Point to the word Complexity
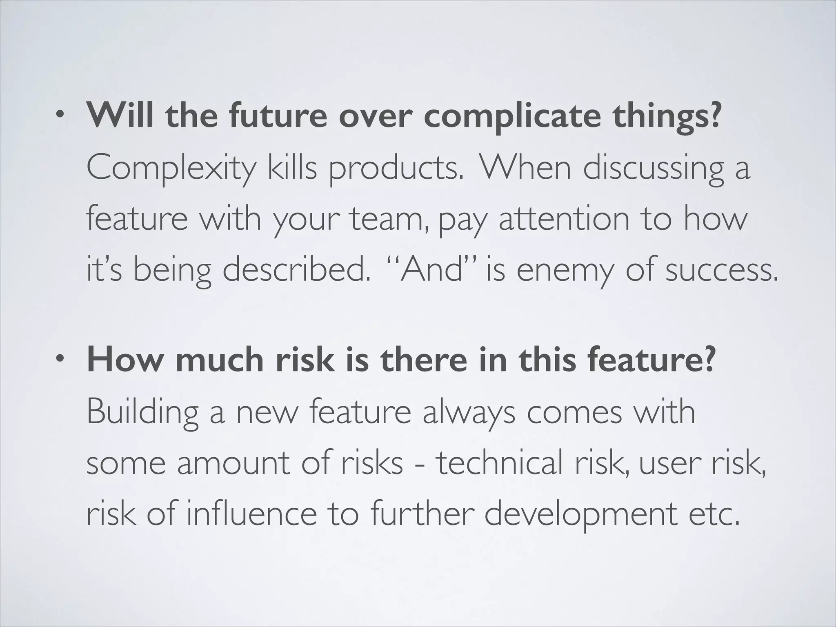click(x=171, y=169)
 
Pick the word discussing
click(x=653, y=169)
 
